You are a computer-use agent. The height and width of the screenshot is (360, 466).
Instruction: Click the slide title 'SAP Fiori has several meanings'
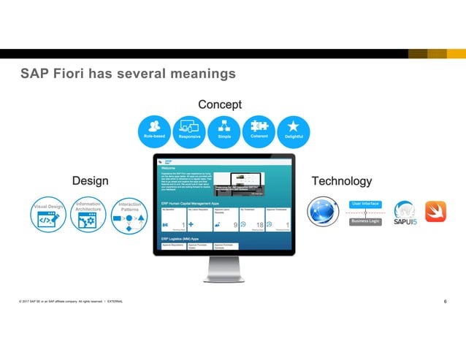point(128,74)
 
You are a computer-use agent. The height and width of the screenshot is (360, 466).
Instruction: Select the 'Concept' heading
point(221,104)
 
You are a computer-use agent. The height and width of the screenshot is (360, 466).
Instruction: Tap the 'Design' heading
point(90,180)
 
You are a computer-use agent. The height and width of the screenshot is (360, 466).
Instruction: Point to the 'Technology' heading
point(341,180)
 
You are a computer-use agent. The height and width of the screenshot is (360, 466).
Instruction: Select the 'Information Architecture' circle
point(88,213)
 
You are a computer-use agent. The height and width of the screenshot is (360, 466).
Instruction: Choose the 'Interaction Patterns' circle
point(129,213)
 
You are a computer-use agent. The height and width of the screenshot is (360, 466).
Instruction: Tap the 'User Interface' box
point(365,204)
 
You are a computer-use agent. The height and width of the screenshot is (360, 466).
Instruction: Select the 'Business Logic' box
point(365,221)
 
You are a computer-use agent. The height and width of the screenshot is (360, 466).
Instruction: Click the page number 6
point(446,302)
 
